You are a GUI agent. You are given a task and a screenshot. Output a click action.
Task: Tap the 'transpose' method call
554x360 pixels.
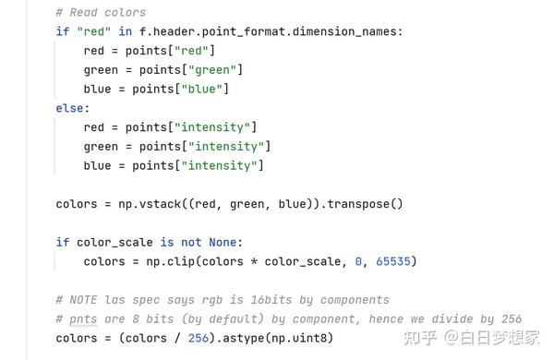click(x=364, y=204)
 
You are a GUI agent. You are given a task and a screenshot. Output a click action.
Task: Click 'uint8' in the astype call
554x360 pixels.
click(x=311, y=339)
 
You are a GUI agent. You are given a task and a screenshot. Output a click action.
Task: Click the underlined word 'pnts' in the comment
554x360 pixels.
click(x=84, y=319)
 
